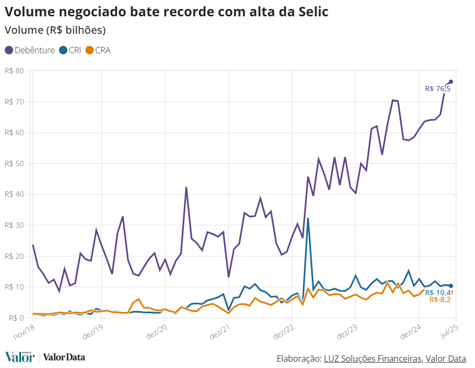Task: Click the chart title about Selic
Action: click(x=167, y=12)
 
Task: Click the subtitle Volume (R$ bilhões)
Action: click(x=55, y=30)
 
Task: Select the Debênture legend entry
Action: click(x=31, y=50)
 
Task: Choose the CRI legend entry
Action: click(x=71, y=50)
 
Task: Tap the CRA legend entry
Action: click(x=98, y=50)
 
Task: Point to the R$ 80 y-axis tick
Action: click(x=14, y=71)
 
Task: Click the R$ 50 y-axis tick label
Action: click(x=14, y=163)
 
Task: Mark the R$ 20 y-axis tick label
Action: click(x=14, y=256)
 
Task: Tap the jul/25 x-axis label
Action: click(x=448, y=330)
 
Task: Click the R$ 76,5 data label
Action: click(x=438, y=89)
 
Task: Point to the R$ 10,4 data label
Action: click(x=438, y=293)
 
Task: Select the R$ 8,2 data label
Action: click(x=440, y=299)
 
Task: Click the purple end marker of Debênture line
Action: click(x=451, y=82)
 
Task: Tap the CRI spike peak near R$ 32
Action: click(x=308, y=218)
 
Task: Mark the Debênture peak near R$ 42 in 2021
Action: click(x=186, y=188)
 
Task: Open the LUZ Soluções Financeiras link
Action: click(x=372, y=359)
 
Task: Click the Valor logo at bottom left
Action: click(x=20, y=357)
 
